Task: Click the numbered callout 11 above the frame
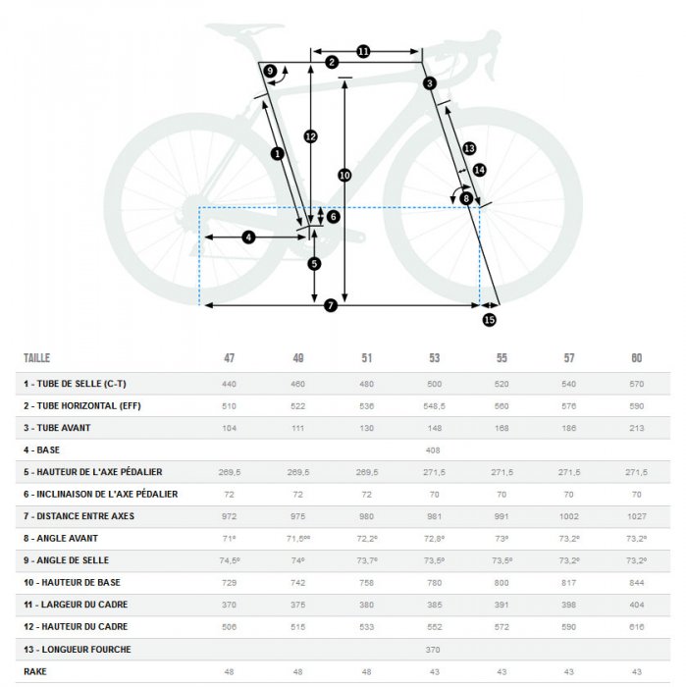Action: tap(363, 52)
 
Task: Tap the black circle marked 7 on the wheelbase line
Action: tap(331, 305)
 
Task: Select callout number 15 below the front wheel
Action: tap(490, 320)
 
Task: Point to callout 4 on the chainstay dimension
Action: tap(248, 238)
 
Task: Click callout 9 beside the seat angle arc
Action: tap(270, 71)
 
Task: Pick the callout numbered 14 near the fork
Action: tap(479, 170)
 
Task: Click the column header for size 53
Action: tap(434, 358)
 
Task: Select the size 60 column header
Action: tap(637, 358)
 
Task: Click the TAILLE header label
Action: tap(36, 358)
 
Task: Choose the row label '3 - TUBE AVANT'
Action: tap(57, 428)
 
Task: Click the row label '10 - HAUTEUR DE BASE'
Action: tap(72, 582)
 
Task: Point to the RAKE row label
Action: tap(35, 671)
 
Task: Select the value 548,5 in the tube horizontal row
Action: tap(434, 406)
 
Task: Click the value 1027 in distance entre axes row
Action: tap(637, 516)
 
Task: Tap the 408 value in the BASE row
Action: tap(433, 450)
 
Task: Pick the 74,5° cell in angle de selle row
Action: tap(230, 560)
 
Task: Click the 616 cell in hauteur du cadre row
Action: tap(637, 627)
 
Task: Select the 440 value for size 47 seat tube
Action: tap(229, 385)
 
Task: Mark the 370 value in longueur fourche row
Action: tap(433, 650)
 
